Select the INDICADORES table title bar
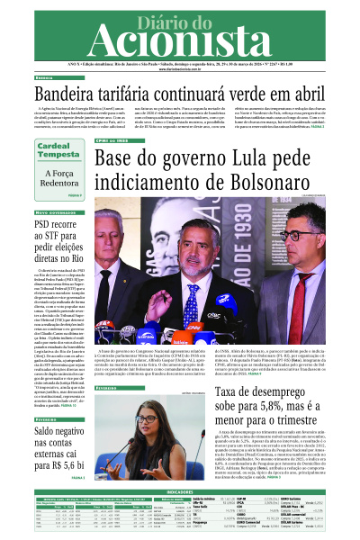[179, 492]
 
